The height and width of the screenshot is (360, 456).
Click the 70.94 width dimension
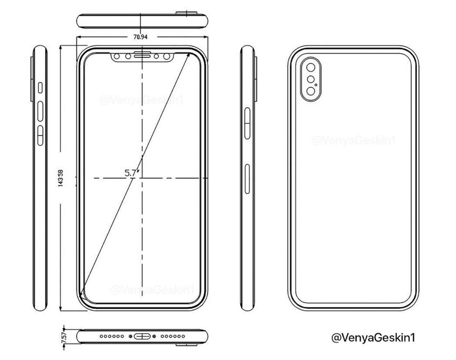(141, 37)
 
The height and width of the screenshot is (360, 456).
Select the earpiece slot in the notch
(141, 57)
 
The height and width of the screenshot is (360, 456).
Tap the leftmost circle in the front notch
(117, 57)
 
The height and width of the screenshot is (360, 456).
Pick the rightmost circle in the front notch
(166, 57)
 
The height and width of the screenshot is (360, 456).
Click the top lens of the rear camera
(311, 68)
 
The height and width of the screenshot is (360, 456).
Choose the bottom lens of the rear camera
(311, 92)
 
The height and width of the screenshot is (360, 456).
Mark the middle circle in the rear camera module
(310, 80)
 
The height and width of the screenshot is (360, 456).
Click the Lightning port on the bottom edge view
(141, 336)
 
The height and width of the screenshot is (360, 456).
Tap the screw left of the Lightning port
(131, 336)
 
